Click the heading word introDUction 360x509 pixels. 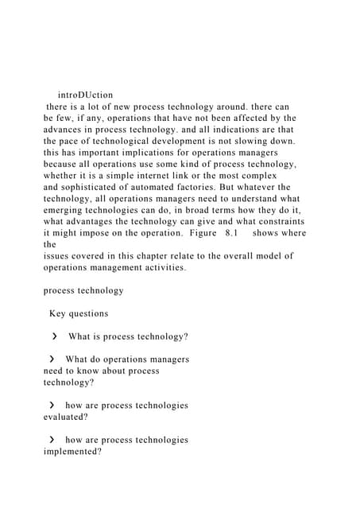[x=86, y=95]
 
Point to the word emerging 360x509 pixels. [x=66, y=210]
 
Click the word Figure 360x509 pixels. [x=195, y=233]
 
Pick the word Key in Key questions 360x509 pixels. [x=59, y=313]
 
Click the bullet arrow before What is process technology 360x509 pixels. [x=53, y=336]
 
